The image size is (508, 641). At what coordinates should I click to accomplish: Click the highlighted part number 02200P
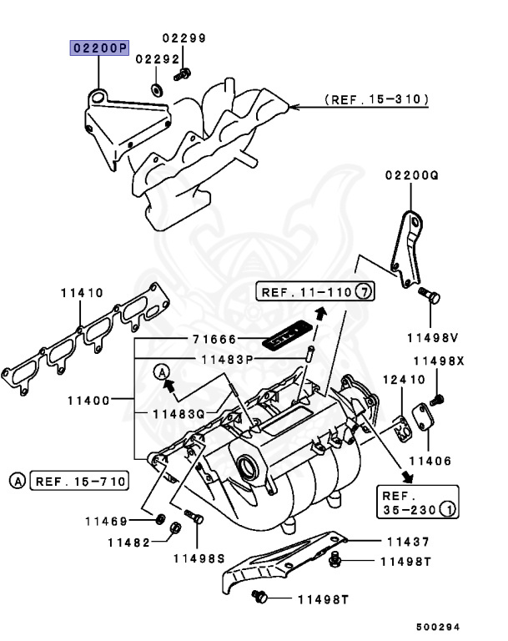pyautogui.click(x=98, y=48)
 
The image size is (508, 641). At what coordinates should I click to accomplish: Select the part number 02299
pyautogui.click(x=184, y=38)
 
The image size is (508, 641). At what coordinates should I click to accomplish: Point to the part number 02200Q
pyautogui.click(x=411, y=175)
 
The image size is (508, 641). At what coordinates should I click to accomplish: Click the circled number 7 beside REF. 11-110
pyautogui.click(x=363, y=291)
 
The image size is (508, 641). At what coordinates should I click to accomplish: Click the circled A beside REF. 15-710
pyautogui.click(x=17, y=480)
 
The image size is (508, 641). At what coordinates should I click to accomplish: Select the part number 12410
pyautogui.click(x=396, y=380)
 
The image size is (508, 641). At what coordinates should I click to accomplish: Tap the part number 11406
pyautogui.click(x=430, y=461)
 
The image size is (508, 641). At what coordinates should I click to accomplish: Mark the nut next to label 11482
pyautogui.click(x=174, y=527)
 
